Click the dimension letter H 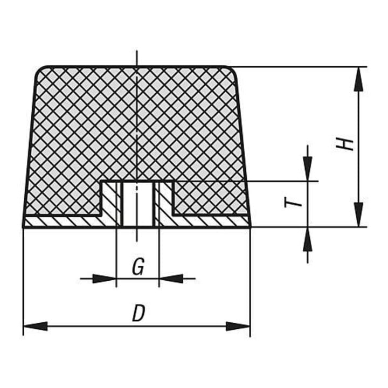[x=345, y=144]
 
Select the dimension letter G [x=138, y=267]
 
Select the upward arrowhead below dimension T [x=308, y=239]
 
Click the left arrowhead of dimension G [x=104, y=279]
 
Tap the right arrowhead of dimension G [x=171, y=279]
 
